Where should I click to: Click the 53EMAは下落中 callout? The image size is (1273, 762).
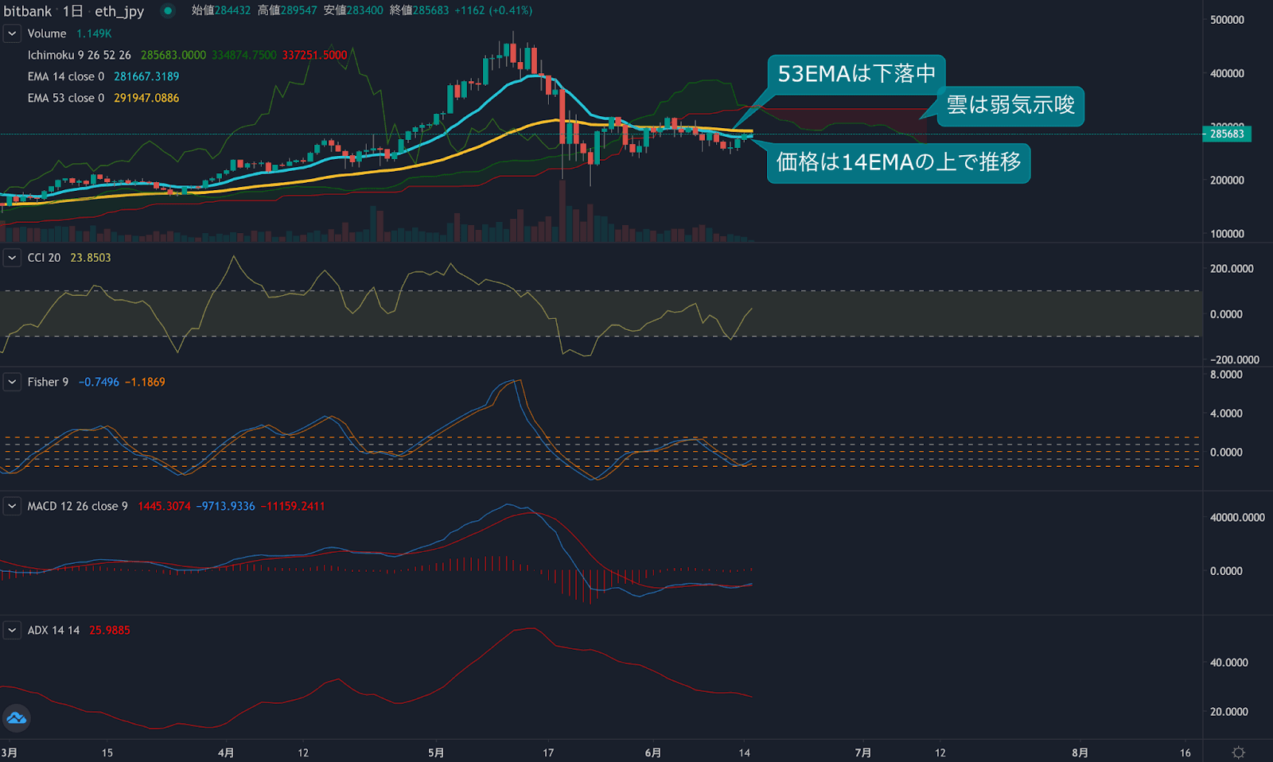point(856,74)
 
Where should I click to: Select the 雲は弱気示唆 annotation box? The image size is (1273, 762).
point(1010,105)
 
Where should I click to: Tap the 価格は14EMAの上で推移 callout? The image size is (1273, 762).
point(898,162)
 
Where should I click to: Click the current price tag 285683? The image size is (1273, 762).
point(1227,134)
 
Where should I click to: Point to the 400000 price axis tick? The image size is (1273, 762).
point(1227,73)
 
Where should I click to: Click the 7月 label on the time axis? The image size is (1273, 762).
point(863,752)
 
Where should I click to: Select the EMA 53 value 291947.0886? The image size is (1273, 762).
point(146,98)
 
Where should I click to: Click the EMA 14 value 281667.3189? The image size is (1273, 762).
point(146,76)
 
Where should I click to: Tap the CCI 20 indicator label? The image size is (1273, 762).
point(44,258)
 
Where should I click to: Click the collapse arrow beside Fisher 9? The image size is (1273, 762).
point(12,382)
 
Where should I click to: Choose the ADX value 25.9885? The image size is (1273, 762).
point(110,630)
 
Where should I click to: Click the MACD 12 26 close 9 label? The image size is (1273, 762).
point(77,506)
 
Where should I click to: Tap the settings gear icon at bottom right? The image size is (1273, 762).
point(1239,752)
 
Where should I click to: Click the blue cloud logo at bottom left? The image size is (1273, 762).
point(17,719)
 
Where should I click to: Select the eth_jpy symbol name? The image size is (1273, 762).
point(119,11)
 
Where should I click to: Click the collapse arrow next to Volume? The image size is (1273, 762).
point(12,33)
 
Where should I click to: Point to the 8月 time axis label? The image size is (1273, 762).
point(1080,752)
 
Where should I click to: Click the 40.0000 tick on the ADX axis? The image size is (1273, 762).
point(1228,663)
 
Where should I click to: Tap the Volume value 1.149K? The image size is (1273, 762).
point(94,33)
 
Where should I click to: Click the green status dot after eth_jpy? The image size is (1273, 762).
point(168,11)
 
